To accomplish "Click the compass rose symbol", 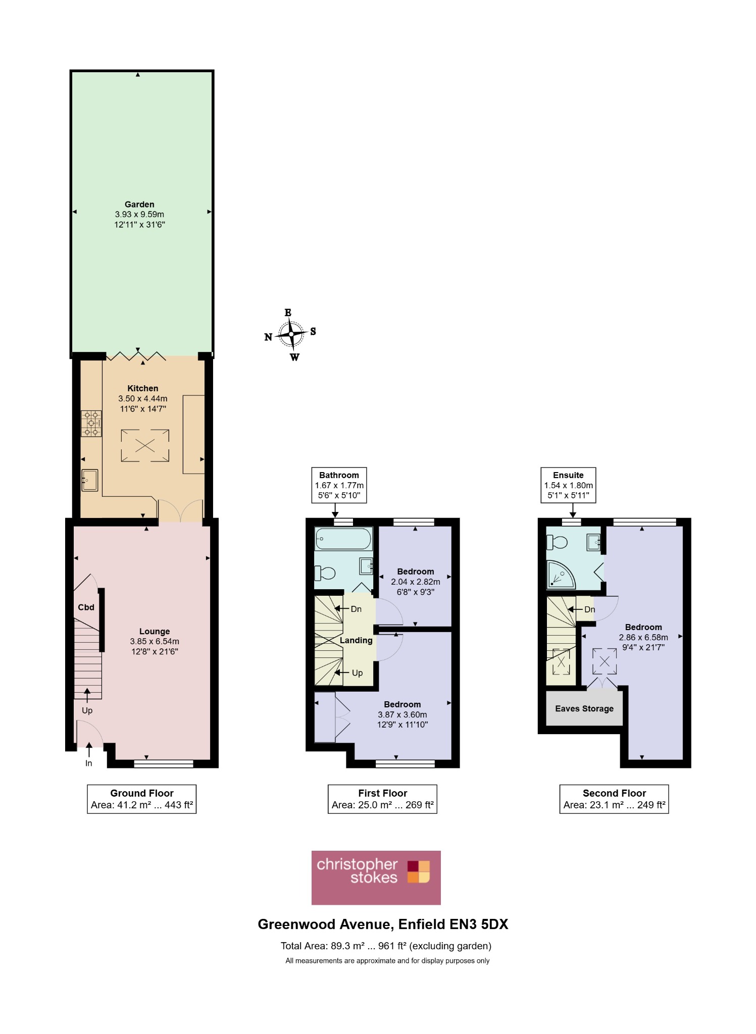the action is [291, 334].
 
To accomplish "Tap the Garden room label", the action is [139, 204].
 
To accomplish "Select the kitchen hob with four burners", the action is [91, 423].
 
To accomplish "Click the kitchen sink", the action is [90, 480].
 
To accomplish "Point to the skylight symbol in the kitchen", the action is [145, 445].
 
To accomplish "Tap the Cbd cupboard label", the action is [86, 607].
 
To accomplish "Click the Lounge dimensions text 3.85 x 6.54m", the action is [155, 641].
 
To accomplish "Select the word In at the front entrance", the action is [89, 763].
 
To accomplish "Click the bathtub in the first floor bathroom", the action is [343, 539].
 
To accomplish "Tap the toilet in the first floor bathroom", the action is [325, 573].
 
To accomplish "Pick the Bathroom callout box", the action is [339, 485].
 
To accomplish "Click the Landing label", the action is [356, 640].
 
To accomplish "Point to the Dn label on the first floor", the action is [356, 609].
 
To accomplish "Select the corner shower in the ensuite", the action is [561, 575].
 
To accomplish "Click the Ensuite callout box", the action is [569, 485].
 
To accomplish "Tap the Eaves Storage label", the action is [584, 708].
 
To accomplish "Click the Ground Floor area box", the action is [142, 799].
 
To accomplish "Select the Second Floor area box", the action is [614, 799].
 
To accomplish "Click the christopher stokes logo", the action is [376, 877].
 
